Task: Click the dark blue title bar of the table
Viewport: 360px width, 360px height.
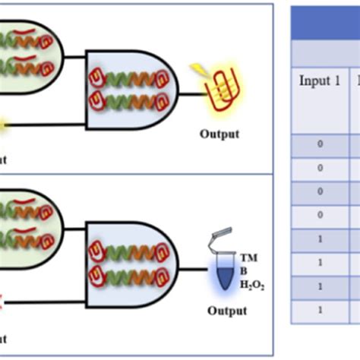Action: pos(327,24)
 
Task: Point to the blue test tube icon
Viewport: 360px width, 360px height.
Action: pos(223,270)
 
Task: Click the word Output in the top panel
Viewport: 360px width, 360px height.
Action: pos(219,134)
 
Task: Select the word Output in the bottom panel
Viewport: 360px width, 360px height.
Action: pos(227,311)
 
